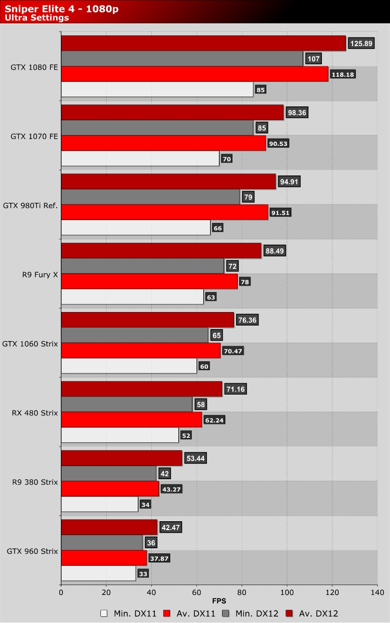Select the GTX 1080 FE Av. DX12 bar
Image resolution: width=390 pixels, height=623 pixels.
tap(203, 44)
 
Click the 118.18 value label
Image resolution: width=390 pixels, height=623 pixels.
tap(343, 74)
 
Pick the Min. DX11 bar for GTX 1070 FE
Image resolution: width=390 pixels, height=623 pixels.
tap(140, 159)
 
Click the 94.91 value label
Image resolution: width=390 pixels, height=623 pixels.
tap(290, 182)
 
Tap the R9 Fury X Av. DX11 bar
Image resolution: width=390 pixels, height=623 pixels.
tap(149, 282)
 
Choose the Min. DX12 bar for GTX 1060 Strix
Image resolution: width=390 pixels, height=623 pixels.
tap(135, 335)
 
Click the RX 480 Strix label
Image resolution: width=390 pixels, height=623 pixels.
tap(34, 413)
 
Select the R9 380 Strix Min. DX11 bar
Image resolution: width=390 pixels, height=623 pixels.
tap(99, 505)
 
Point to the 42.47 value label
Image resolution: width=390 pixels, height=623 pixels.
tap(171, 527)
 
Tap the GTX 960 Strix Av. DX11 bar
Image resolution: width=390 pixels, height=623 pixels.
tap(104, 558)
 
